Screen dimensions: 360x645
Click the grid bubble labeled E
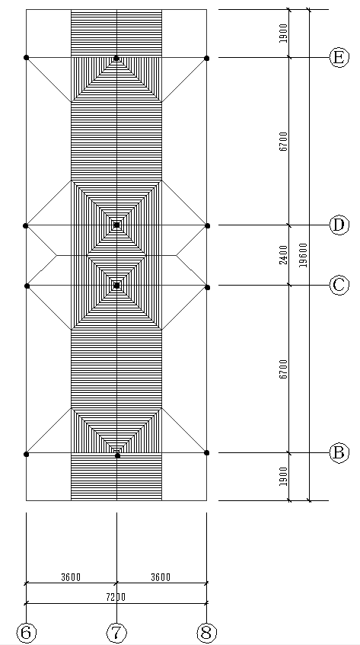click(x=339, y=57)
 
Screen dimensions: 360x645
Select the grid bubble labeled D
click(x=339, y=225)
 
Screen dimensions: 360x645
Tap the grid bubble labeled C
click(x=339, y=285)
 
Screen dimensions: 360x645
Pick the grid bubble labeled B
click(x=339, y=453)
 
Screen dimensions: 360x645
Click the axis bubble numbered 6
click(x=26, y=633)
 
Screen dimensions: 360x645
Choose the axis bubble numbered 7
click(x=116, y=633)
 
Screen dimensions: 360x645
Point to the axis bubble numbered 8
click(x=207, y=633)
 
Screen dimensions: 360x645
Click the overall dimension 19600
click(x=303, y=255)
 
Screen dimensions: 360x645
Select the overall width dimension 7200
click(x=116, y=597)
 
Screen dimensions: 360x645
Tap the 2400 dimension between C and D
click(x=284, y=255)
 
